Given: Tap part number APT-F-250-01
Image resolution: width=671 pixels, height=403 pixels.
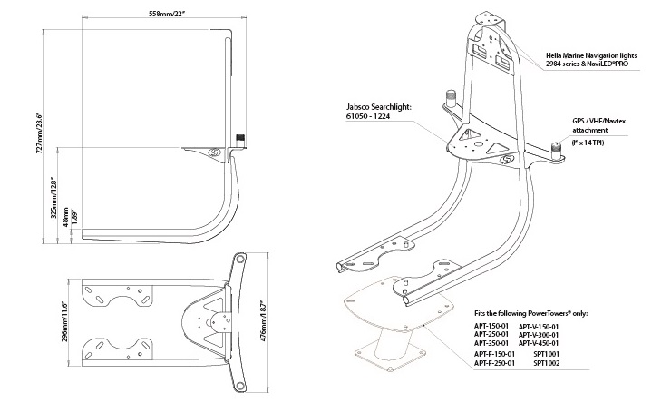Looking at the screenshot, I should pyautogui.click(x=494, y=363).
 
